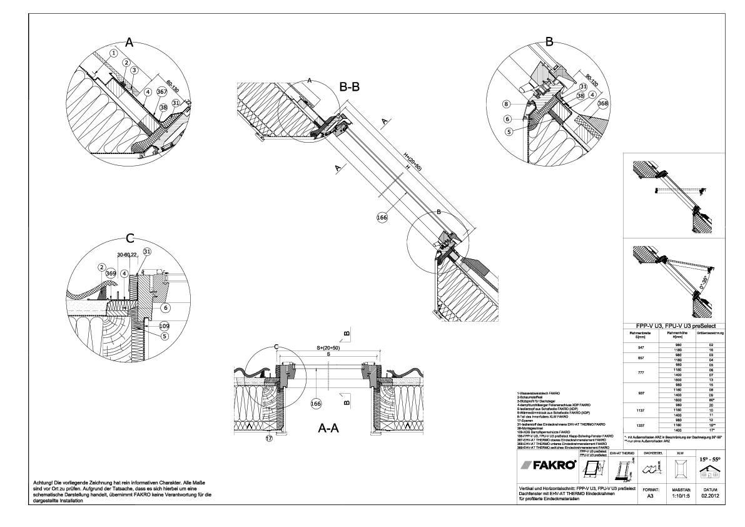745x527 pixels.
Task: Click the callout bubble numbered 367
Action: (161, 92)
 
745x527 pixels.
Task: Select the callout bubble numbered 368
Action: (604, 104)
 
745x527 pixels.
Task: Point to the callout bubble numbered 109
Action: (146, 325)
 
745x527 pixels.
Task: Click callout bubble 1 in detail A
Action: (113, 54)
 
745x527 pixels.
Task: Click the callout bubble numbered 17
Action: (268, 439)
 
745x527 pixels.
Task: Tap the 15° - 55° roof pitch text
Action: (709, 460)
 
